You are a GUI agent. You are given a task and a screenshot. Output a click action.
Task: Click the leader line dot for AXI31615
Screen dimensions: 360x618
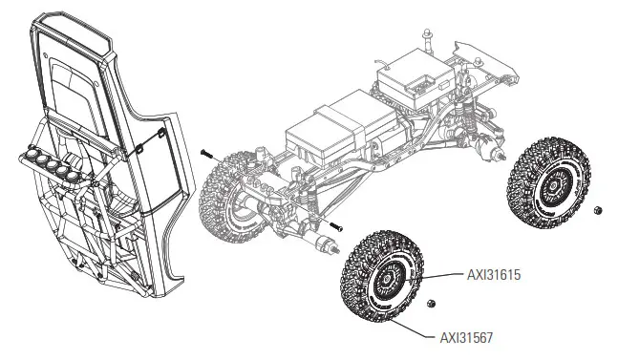(417, 276)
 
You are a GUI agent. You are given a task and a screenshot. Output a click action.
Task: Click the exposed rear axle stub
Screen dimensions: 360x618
(499, 153)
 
